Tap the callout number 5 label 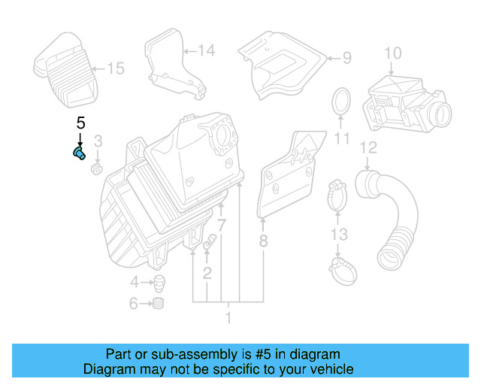80,122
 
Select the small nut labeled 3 96,169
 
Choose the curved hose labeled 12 391,218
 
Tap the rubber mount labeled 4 159,283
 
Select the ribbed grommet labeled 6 158,305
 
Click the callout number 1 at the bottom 228,318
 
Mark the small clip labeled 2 210,243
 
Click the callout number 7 222,225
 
